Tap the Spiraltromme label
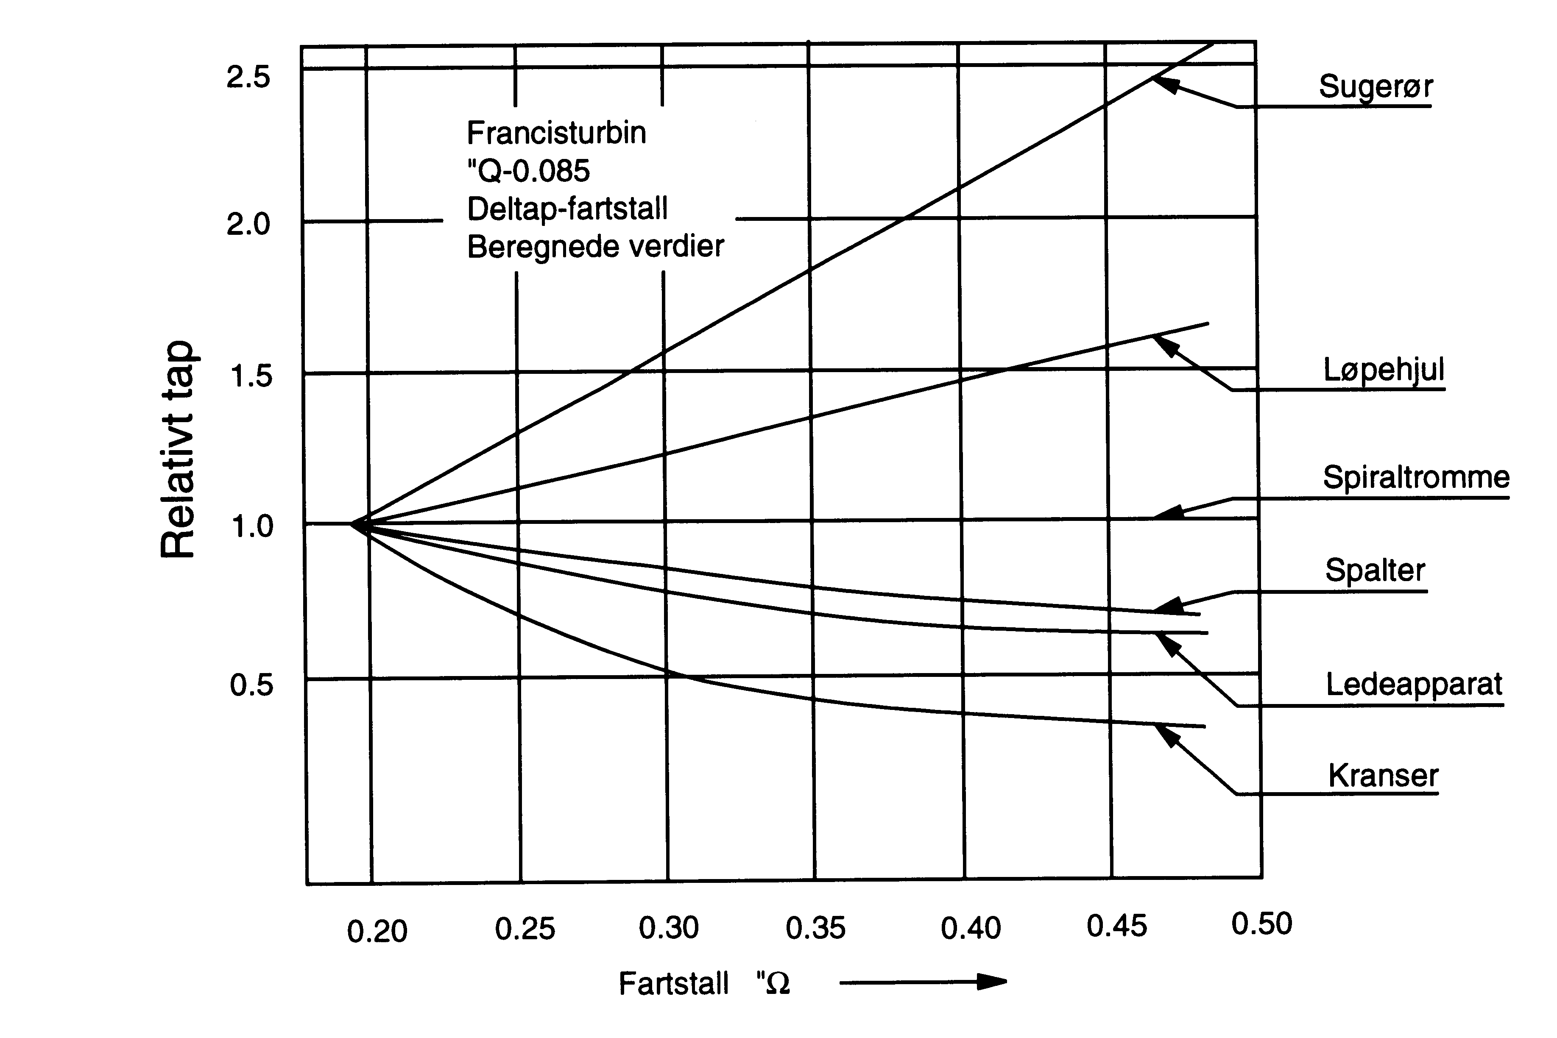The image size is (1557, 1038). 1416,477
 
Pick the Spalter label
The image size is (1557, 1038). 1375,570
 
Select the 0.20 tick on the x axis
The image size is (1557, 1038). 377,932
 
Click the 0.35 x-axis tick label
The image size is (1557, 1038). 815,928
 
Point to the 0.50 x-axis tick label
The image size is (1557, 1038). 1261,924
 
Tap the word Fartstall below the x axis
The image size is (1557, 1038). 673,984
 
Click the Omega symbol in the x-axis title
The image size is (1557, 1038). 776,984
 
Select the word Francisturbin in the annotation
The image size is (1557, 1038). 556,133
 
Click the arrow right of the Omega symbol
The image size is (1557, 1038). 923,982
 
